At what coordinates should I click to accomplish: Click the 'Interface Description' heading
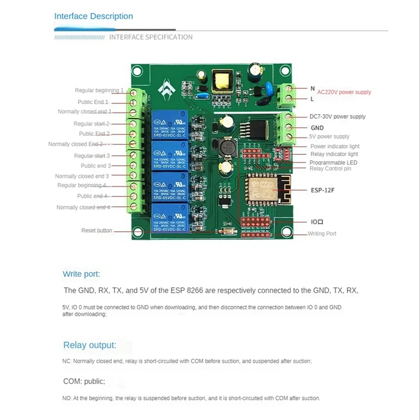click(x=93, y=16)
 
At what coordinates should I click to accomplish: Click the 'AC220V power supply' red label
click(x=344, y=92)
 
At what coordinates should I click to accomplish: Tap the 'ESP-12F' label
click(x=322, y=190)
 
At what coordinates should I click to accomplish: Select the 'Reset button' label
click(x=97, y=230)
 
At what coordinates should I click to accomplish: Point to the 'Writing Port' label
click(x=322, y=234)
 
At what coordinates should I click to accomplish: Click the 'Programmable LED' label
click(x=334, y=163)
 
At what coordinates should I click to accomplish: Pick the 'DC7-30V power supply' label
click(x=338, y=117)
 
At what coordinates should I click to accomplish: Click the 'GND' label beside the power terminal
click(x=317, y=128)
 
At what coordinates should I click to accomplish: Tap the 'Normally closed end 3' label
click(x=82, y=176)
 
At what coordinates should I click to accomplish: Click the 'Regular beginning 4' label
click(x=82, y=185)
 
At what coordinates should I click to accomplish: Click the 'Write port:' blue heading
click(x=81, y=274)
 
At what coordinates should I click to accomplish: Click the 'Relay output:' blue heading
click(x=90, y=345)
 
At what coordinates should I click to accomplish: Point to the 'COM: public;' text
click(x=84, y=382)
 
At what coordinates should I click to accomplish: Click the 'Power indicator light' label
click(x=335, y=146)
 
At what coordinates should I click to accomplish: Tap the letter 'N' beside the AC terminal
click(x=312, y=89)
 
